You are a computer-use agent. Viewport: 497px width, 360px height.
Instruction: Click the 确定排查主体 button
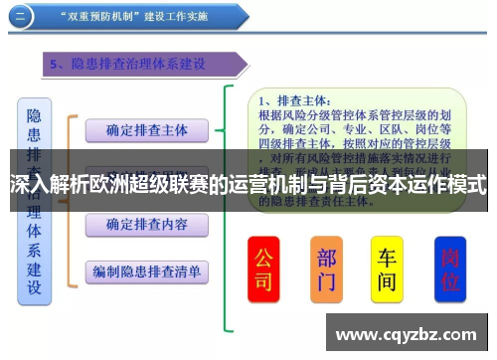[146, 129]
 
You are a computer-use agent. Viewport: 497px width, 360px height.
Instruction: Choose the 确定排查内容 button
[146, 225]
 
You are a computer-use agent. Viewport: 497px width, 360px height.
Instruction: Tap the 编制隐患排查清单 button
[146, 270]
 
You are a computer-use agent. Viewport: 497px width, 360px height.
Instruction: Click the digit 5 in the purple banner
[58, 65]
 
